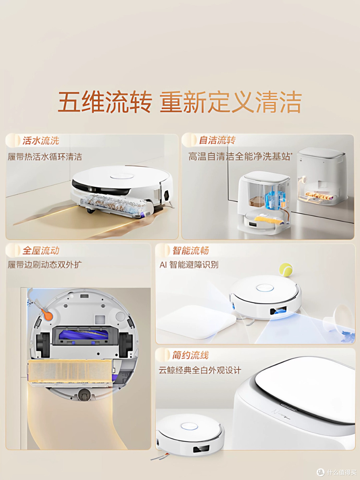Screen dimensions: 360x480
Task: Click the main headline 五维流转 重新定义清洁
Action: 180,102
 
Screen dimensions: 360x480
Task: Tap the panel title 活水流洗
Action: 41,141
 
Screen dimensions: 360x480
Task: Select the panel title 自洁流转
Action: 217,140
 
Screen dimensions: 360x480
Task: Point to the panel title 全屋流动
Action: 41,250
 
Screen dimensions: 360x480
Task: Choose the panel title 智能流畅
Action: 191,250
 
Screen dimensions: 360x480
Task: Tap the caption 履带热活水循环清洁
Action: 45,157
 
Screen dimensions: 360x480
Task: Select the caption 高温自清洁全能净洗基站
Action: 240,157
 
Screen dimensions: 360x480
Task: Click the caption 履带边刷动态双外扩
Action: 45,265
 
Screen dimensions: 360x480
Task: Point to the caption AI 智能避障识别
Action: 189,265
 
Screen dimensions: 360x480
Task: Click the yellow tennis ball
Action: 286,270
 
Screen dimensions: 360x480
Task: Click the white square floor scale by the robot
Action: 196,321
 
